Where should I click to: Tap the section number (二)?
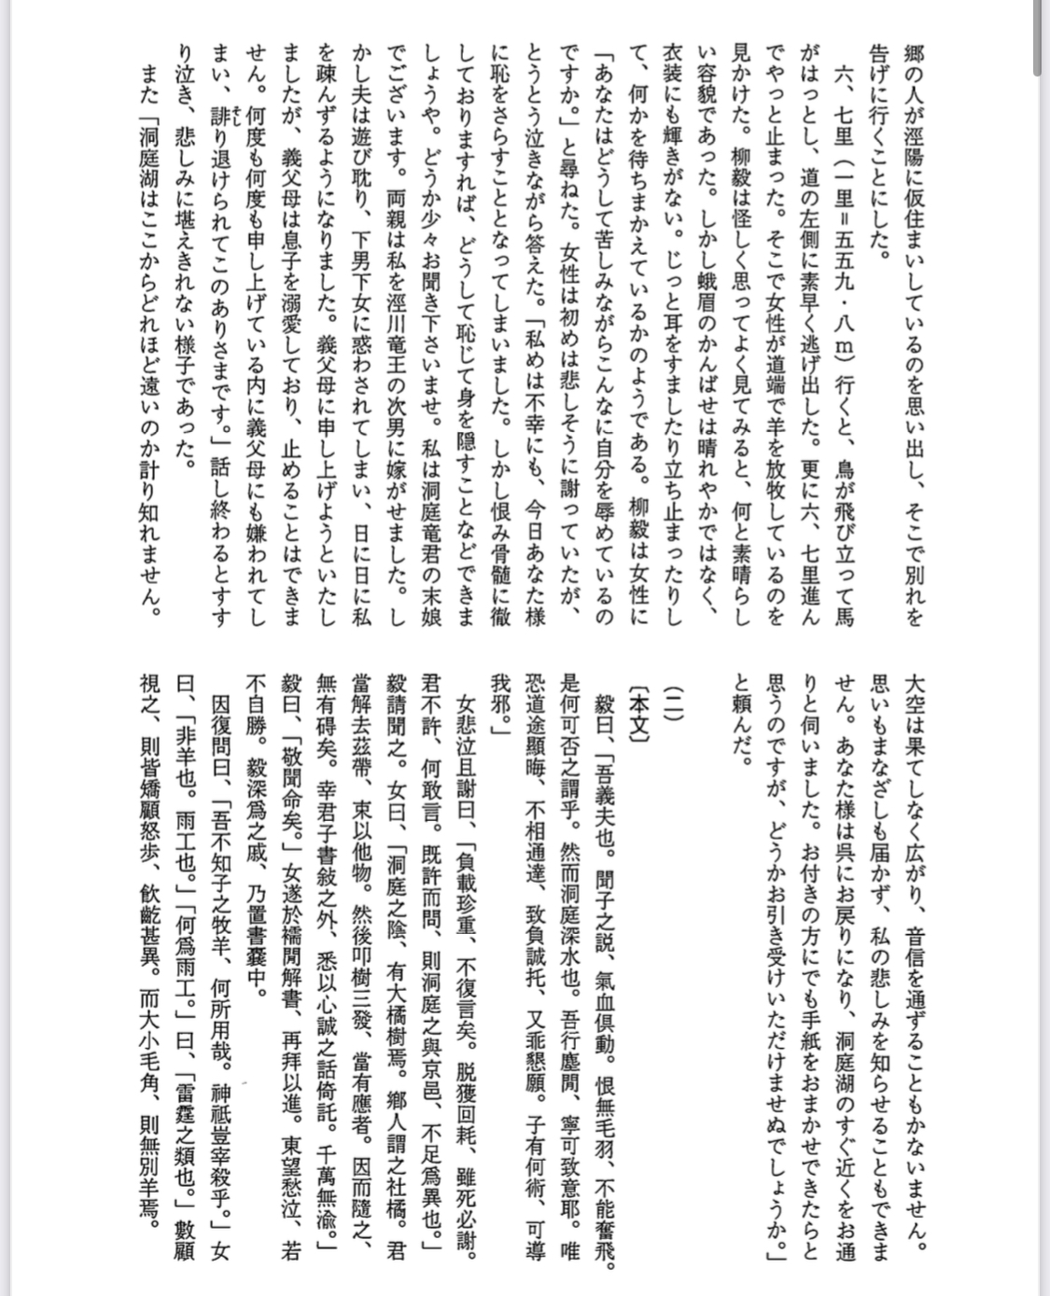pos(672,700)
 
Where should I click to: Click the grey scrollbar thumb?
pos(1038,37)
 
